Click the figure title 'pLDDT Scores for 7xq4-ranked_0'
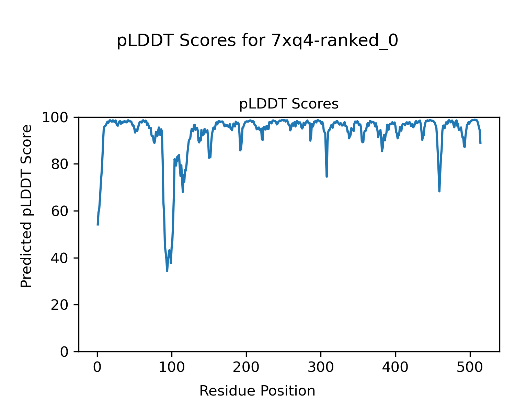[257, 41]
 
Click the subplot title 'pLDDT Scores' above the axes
[289, 104]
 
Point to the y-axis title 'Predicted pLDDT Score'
[26, 206]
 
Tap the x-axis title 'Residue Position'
[257, 391]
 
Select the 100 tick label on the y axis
[58, 117]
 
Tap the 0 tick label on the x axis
[98, 367]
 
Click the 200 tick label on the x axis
[247, 367]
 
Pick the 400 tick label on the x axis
[396, 367]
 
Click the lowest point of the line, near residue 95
[167, 271]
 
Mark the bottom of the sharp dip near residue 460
[439, 191]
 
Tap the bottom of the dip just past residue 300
[327, 176]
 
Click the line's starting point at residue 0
[98, 225]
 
